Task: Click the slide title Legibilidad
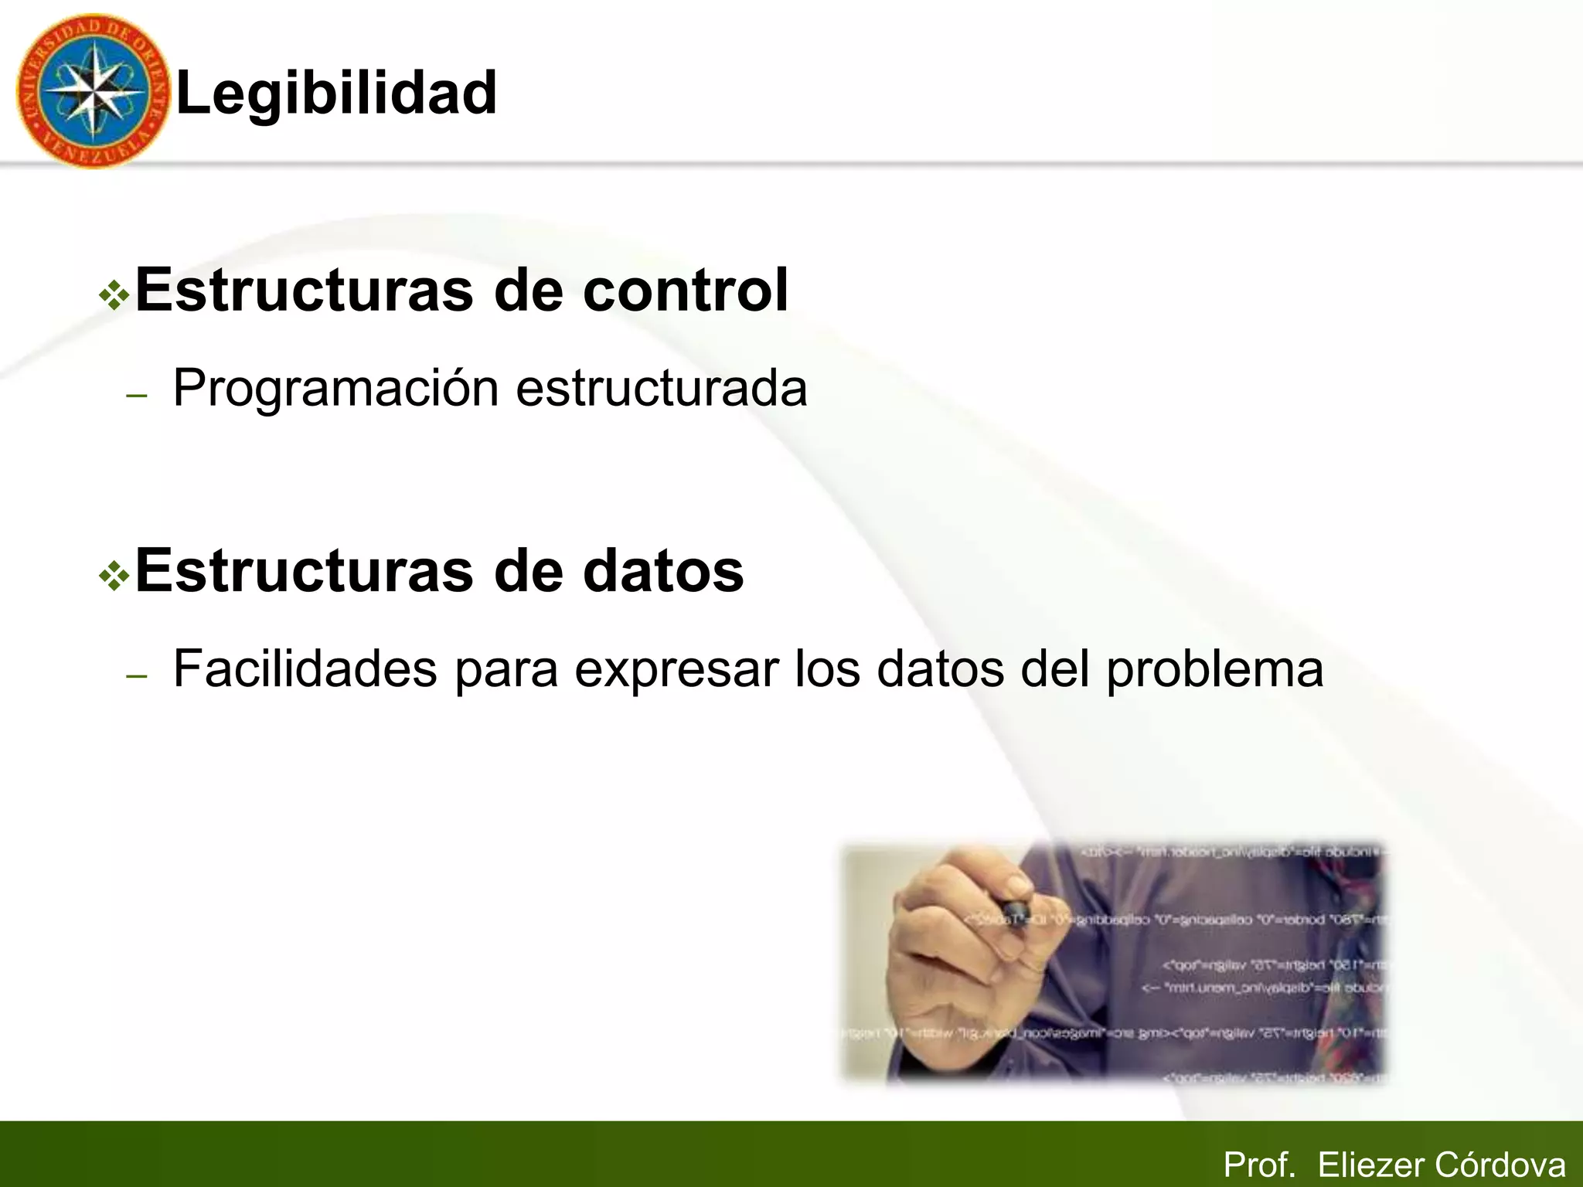(x=336, y=93)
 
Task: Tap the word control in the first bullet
(x=685, y=291)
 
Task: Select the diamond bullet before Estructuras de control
(x=114, y=295)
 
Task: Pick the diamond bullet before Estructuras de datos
(x=114, y=576)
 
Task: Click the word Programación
(x=335, y=388)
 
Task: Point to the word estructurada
(x=661, y=388)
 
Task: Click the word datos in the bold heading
(x=662, y=571)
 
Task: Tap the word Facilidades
(x=305, y=668)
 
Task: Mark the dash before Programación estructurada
(x=136, y=396)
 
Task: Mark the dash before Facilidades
(x=136, y=676)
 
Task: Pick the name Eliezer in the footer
(x=1370, y=1165)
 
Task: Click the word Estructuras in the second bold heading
(x=304, y=571)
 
